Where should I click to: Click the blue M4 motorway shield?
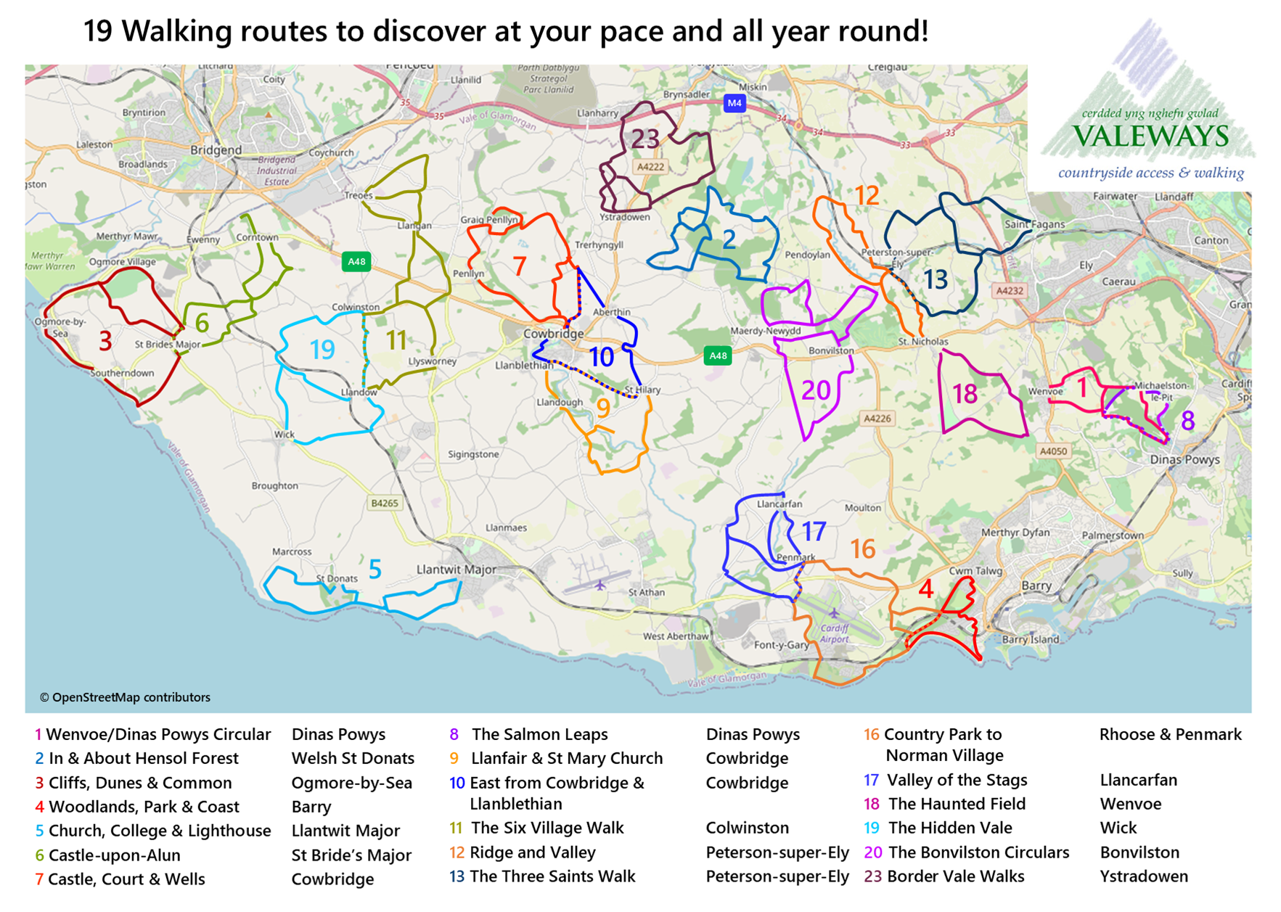click(734, 103)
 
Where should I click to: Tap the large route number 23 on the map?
click(644, 139)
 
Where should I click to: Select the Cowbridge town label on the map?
click(553, 334)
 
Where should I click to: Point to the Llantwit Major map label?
click(456, 570)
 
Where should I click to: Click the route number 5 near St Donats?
click(375, 570)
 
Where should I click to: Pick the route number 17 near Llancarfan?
click(814, 532)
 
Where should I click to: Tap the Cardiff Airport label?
click(835, 633)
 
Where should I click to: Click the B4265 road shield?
click(384, 503)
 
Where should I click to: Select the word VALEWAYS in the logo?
click(1150, 136)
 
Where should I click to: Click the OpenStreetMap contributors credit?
click(125, 697)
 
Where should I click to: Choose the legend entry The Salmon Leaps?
click(539, 734)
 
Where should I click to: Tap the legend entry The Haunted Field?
click(957, 804)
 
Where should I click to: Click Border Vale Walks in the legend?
click(955, 876)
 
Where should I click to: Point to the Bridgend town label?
click(216, 150)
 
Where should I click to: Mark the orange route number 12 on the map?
click(867, 196)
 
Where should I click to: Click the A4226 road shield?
click(877, 418)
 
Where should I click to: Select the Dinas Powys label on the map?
click(1184, 459)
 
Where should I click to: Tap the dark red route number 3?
click(105, 341)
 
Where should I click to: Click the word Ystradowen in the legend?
click(1143, 876)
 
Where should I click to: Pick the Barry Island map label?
click(1030, 640)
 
